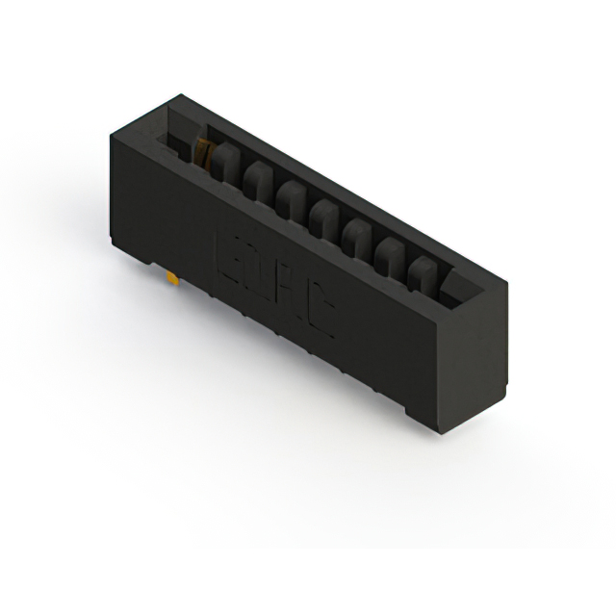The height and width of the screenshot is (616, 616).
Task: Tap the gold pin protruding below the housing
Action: [171, 278]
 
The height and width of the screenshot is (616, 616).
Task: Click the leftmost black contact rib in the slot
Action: [224, 162]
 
